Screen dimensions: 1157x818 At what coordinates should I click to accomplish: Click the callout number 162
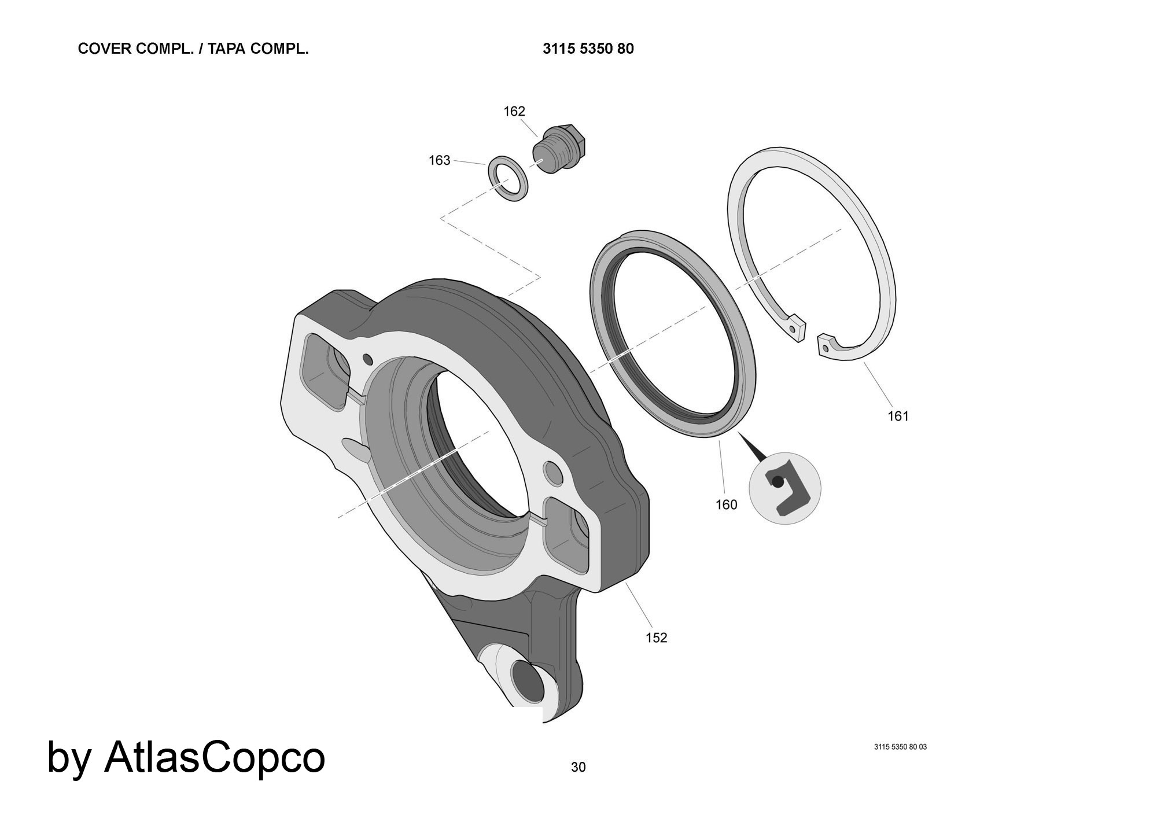(x=514, y=111)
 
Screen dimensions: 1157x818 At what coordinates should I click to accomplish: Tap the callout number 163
(x=439, y=160)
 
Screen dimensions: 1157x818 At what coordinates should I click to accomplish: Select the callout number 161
(x=898, y=416)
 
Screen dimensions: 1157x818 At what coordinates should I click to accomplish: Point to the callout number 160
(x=726, y=505)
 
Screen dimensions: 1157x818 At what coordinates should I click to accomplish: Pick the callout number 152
(x=656, y=638)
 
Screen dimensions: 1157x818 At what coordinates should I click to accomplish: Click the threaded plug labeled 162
(x=559, y=150)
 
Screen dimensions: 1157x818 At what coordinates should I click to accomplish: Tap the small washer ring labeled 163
(x=509, y=178)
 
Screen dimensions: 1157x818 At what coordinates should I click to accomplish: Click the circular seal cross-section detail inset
(x=785, y=488)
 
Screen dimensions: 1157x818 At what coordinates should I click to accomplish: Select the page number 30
(x=578, y=767)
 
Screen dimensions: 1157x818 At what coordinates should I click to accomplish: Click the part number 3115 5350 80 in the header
(x=588, y=49)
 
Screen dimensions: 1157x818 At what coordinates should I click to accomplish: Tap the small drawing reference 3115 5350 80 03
(x=900, y=747)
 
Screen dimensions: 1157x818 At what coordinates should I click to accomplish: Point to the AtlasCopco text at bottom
(x=215, y=757)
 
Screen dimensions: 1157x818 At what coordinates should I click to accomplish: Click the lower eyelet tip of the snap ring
(x=826, y=347)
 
